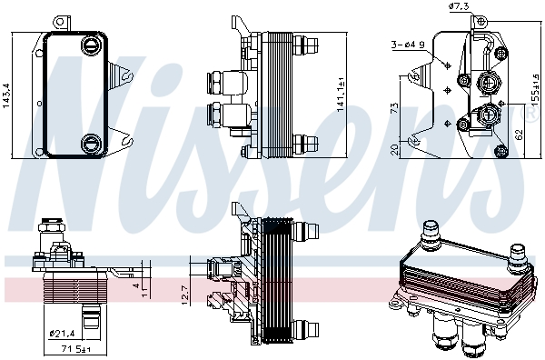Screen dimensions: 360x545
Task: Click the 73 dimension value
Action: click(x=395, y=107)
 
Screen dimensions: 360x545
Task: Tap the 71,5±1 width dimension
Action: click(x=74, y=349)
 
